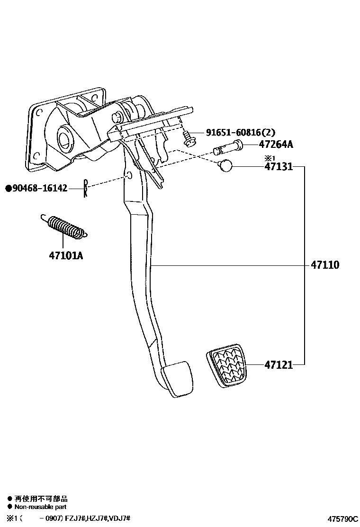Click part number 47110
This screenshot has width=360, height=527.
coord(325,265)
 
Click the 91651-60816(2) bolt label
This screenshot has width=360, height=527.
coord(240,133)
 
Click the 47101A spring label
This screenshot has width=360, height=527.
coord(65,256)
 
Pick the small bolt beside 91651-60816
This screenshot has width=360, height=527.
coord(189,139)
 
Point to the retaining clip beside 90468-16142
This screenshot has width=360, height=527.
coord(85,188)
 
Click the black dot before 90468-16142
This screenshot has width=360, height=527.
coord(8,189)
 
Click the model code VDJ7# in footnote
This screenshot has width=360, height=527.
coord(119,519)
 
